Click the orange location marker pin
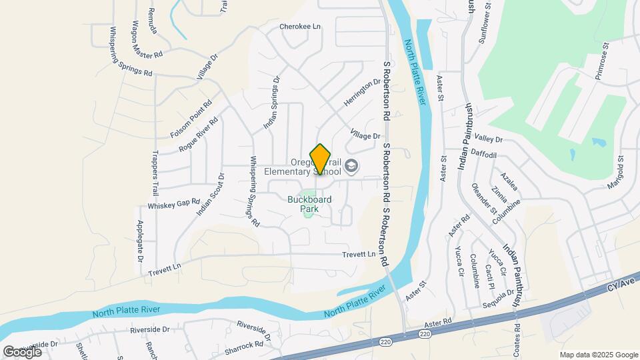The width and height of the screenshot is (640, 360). (321, 159)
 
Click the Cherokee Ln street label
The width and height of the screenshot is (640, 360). (299, 27)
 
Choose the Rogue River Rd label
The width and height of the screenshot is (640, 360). (198, 134)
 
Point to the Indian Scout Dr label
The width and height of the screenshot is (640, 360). (211, 195)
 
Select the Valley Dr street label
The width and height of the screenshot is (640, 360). (489, 139)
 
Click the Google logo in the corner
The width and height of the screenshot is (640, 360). (22, 351)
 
